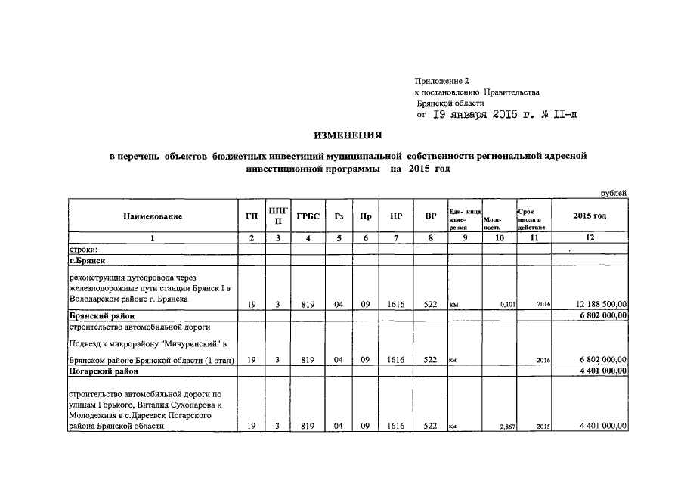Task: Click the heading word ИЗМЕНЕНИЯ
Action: pyautogui.click(x=348, y=135)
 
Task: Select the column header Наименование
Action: pyautogui.click(x=153, y=216)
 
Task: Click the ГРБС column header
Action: pyautogui.click(x=308, y=216)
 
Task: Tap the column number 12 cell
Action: pyautogui.click(x=590, y=237)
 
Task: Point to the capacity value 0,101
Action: pyautogui.click(x=508, y=306)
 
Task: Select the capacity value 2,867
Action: pyautogui.click(x=508, y=427)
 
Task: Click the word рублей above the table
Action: pyautogui.click(x=614, y=194)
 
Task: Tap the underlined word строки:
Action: pyautogui.click(x=84, y=249)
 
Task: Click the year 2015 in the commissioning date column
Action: pyautogui.click(x=543, y=427)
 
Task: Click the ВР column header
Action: pyautogui.click(x=431, y=216)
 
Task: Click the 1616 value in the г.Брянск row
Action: pyautogui.click(x=396, y=305)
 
